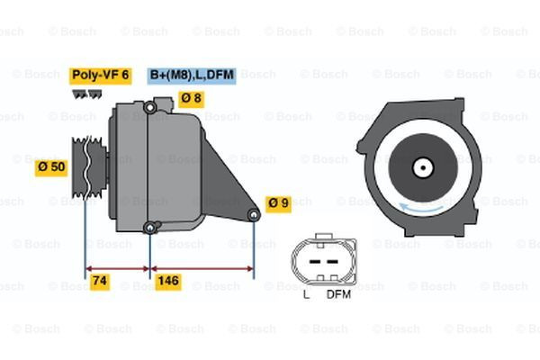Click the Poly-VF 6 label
click(101, 76)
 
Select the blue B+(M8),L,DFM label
click(191, 76)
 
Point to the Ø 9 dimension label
click(278, 202)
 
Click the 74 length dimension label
click(102, 282)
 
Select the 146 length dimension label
click(168, 282)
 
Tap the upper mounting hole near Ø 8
click(150, 110)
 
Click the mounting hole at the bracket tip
click(254, 214)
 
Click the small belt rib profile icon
click(85, 93)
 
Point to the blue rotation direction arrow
click(423, 209)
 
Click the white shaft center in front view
click(422, 167)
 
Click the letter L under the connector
click(306, 294)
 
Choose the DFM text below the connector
click(338, 294)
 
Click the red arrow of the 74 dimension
click(118, 267)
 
